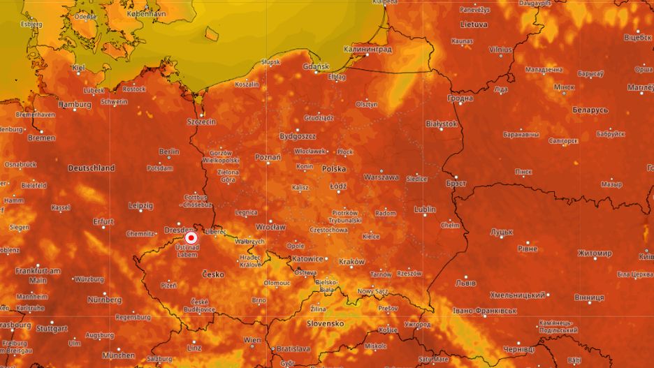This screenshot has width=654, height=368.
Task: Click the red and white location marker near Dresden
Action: tap(191, 237)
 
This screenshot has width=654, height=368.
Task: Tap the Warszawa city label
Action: tap(381, 177)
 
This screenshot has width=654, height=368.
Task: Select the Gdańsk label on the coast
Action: tap(317, 67)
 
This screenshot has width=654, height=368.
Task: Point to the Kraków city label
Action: tap(351, 262)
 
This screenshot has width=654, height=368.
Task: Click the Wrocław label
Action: tap(270, 228)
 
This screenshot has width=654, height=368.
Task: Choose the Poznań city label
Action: tap(268, 158)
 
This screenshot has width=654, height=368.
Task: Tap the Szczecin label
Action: tap(201, 122)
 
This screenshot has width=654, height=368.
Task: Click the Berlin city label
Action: tap(169, 152)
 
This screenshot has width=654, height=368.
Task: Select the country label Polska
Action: tap(334, 169)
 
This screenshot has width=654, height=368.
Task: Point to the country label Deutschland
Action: tap(92, 168)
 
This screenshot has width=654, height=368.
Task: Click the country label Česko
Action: tap(213, 274)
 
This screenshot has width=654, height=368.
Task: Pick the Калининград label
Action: tap(368, 50)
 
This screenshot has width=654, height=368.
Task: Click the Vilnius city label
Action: tap(500, 50)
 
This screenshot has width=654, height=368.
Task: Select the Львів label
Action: tap(466, 283)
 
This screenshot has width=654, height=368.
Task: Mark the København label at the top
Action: tap(146, 14)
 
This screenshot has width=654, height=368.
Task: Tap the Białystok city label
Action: tap(441, 124)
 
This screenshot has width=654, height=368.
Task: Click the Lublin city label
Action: tap(424, 209)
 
